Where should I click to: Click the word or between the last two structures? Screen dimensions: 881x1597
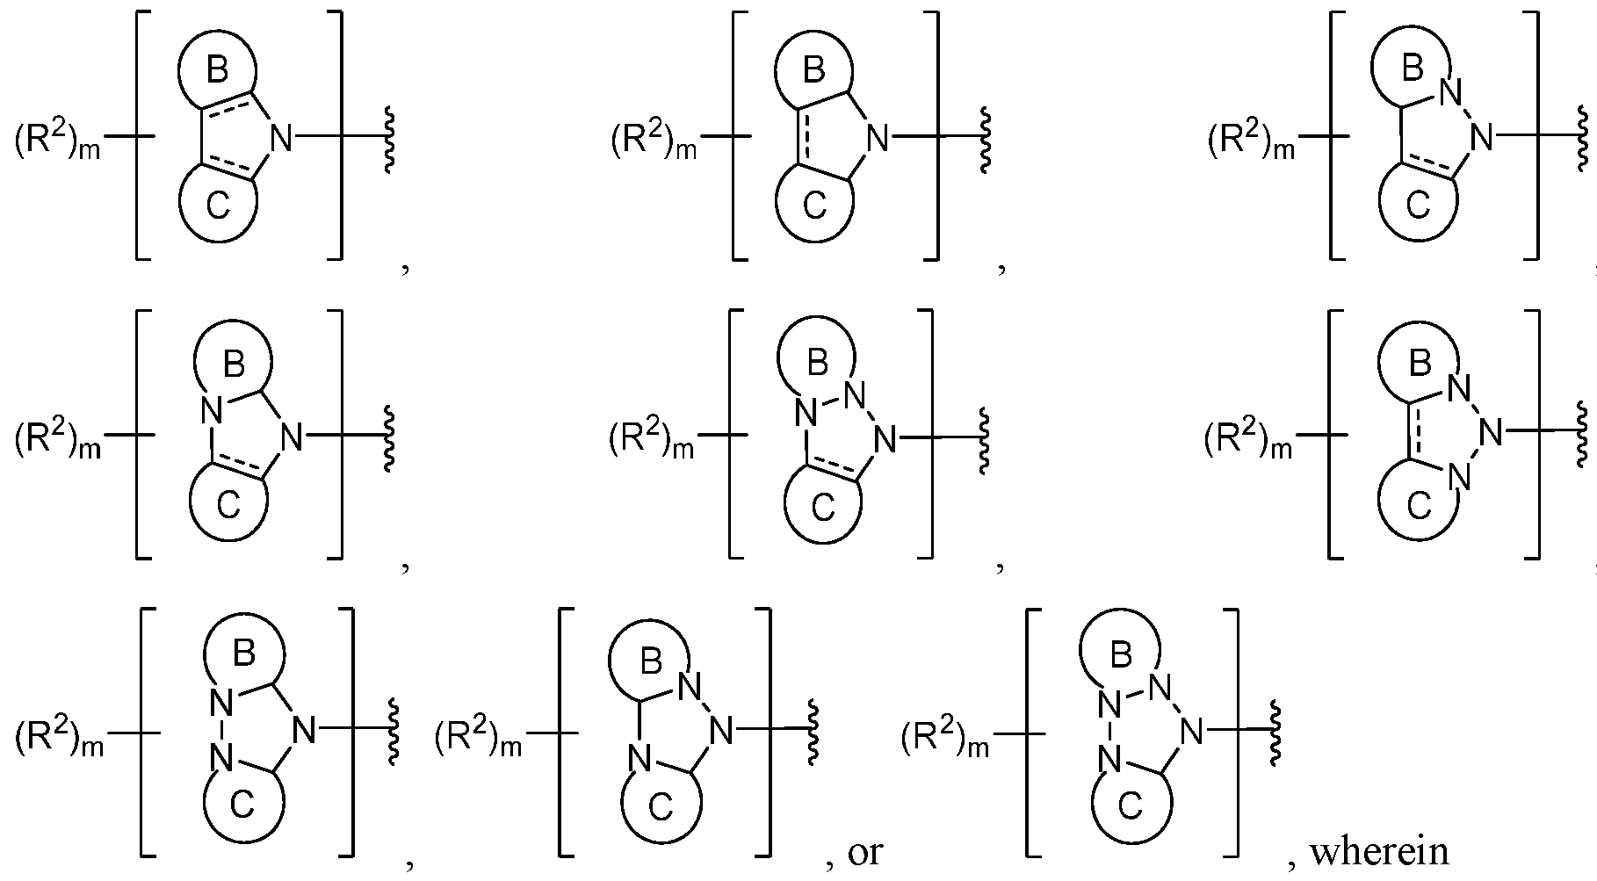(865, 853)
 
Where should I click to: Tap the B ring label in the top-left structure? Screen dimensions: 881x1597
(217, 69)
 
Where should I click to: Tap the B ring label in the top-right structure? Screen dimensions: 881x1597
(1411, 68)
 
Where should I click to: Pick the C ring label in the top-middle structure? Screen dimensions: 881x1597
(814, 207)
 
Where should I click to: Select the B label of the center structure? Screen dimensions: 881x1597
(817, 361)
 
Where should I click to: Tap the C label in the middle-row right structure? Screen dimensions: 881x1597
(1418, 507)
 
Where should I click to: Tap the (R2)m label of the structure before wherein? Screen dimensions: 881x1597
(945, 740)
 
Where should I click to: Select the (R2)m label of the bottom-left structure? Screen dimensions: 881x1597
(59, 740)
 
